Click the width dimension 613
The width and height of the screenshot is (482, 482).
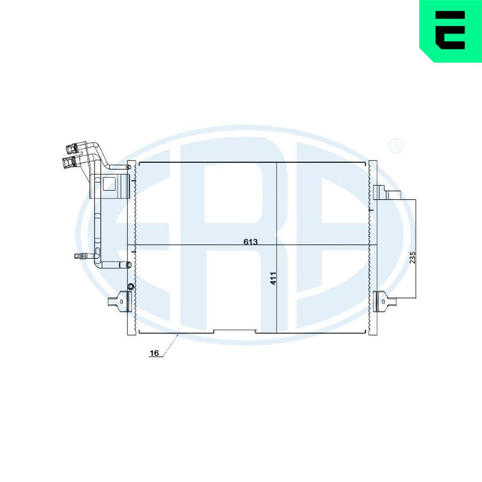pyautogui.click(x=251, y=241)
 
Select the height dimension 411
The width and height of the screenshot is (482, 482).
pyautogui.click(x=273, y=278)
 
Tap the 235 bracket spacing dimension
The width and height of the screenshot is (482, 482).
pyautogui.click(x=413, y=257)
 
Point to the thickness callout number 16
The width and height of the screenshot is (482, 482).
pyautogui.click(x=154, y=353)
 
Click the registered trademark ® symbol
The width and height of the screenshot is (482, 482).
pyautogui.click(x=396, y=146)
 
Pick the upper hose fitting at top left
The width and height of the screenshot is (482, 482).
pyautogui.click(x=73, y=148)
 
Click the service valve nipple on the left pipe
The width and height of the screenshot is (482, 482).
pyautogui.click(x=81, y=255)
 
